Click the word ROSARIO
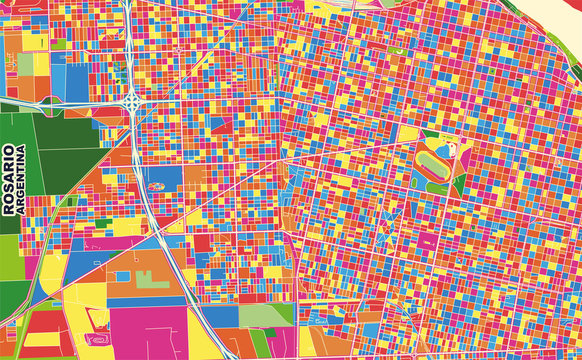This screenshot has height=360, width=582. pyautogui.click(x=9, y=181)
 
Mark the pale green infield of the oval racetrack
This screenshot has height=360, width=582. pyautogui.click(x=434, y=159)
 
